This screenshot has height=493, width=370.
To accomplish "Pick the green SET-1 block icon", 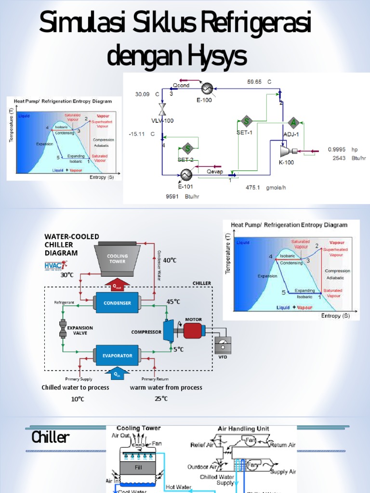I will click(246, 121).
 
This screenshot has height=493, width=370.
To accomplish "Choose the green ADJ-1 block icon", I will click(292, 122).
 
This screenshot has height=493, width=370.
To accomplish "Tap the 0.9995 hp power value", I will click(337, 149).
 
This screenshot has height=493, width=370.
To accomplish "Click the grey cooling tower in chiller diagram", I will click(117, 259).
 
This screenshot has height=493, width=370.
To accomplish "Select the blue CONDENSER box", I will click(117, 303).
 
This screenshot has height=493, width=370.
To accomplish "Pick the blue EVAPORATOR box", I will click(117, 356).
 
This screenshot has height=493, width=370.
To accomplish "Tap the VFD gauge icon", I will click(222, 345).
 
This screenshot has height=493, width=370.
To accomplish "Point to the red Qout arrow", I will click(117, 285).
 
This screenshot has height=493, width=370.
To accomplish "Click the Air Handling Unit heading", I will click(243, 428).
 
